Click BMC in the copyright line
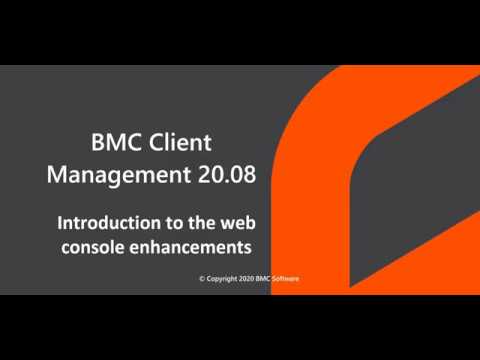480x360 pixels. coord(271,279)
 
